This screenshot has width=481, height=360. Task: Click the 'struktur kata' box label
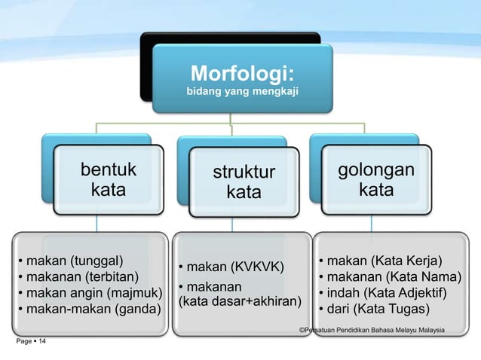point(244,183)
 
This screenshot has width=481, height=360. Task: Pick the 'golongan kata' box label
point(375,179)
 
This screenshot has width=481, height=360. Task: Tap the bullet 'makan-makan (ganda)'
point(89,309)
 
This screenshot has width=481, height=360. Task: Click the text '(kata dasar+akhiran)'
point(238,302)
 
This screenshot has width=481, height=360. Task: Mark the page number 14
point(41,343)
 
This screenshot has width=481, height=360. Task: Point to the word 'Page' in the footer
point(23,343)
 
